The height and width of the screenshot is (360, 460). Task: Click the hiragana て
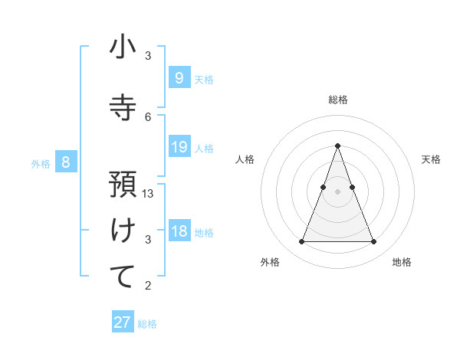(123, 277)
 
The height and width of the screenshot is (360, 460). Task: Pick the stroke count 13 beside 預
(149, 194)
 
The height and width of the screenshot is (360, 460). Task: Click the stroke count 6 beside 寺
(149, 117)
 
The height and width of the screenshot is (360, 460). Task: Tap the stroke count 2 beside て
(149, 286)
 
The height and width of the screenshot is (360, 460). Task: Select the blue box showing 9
(179, 77)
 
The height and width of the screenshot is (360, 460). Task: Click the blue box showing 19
(179, 147)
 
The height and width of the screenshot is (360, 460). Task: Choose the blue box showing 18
(179, 231)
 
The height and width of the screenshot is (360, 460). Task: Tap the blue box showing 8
(66, 162)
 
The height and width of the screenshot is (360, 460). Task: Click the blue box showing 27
(123, 322)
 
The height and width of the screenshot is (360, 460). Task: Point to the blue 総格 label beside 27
(147, 324)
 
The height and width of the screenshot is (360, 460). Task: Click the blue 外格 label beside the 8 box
(41, 163)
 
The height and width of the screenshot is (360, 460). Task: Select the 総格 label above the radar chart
(337, 100)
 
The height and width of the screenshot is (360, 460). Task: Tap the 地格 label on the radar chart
(402, 262)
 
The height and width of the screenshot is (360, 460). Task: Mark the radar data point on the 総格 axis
(337, 146)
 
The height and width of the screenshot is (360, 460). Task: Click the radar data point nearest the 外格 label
(301, 242)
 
